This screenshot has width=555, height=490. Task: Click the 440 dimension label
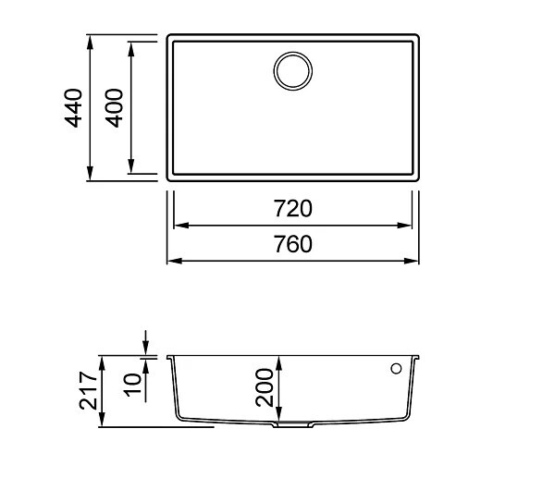(73, 108)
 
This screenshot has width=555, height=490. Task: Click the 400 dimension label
(115, 108)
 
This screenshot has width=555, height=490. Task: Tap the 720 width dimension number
(293, 208)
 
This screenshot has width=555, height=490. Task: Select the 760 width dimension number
(293, 244)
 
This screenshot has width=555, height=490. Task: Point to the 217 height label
(88, 390)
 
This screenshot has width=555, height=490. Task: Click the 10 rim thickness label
(132, 385)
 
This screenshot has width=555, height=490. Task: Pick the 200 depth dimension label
(265, 387)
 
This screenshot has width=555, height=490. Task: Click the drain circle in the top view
(293, 71)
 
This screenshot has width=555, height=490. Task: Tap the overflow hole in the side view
(396, 369)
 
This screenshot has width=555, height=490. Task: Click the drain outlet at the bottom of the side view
(292, 424)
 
